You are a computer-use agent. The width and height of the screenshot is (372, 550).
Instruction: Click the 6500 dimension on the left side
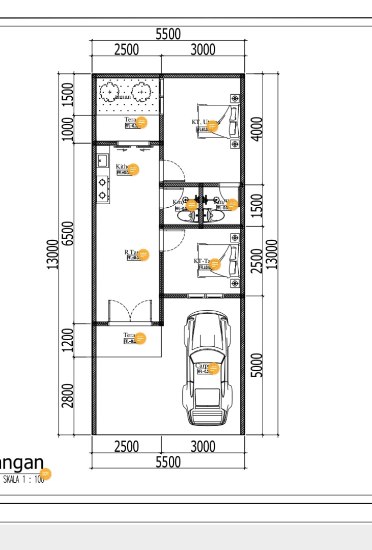(68, 233)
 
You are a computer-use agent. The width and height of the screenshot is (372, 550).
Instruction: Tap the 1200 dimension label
(68, 340)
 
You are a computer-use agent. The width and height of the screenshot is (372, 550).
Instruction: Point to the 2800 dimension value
(68, 396)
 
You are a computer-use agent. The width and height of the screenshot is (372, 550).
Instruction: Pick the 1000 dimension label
(68, 129)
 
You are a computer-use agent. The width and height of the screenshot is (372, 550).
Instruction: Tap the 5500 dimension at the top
(168, 34)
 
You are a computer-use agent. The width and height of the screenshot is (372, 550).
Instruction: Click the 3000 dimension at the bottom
(203, 447)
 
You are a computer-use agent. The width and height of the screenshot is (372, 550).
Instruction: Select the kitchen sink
(102, 161)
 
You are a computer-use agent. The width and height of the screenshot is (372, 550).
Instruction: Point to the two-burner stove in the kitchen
(102, 188)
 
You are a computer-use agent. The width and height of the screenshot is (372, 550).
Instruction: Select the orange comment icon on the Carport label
(214, 368)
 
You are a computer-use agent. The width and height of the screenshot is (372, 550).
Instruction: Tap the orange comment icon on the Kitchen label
(133, 170)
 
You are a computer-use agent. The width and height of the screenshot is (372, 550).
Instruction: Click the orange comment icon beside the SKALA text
(45, 474)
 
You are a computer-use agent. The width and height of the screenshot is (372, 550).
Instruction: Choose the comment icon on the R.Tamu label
(144, 255)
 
